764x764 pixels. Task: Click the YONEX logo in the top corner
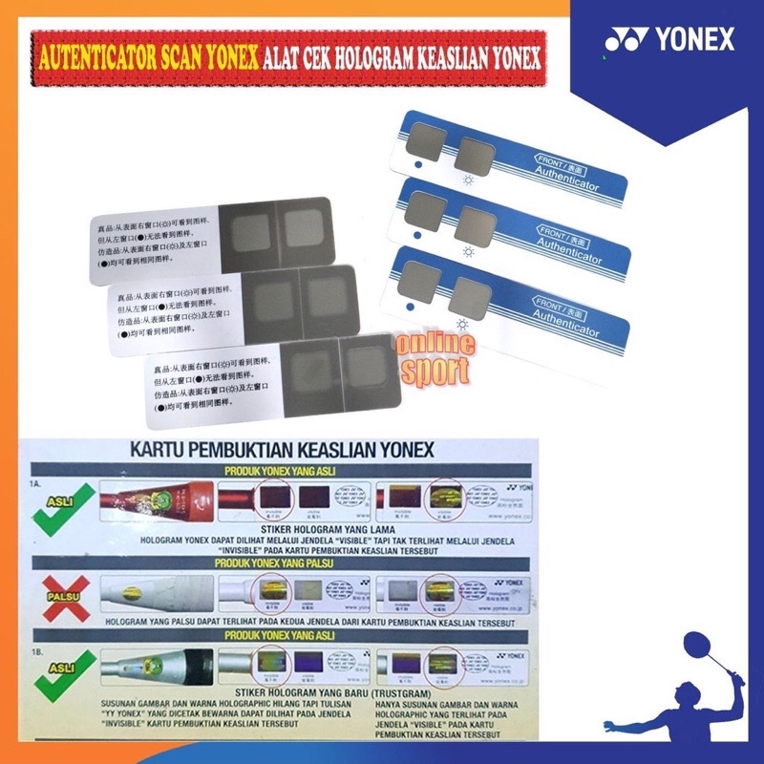(x=668, y=40)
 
